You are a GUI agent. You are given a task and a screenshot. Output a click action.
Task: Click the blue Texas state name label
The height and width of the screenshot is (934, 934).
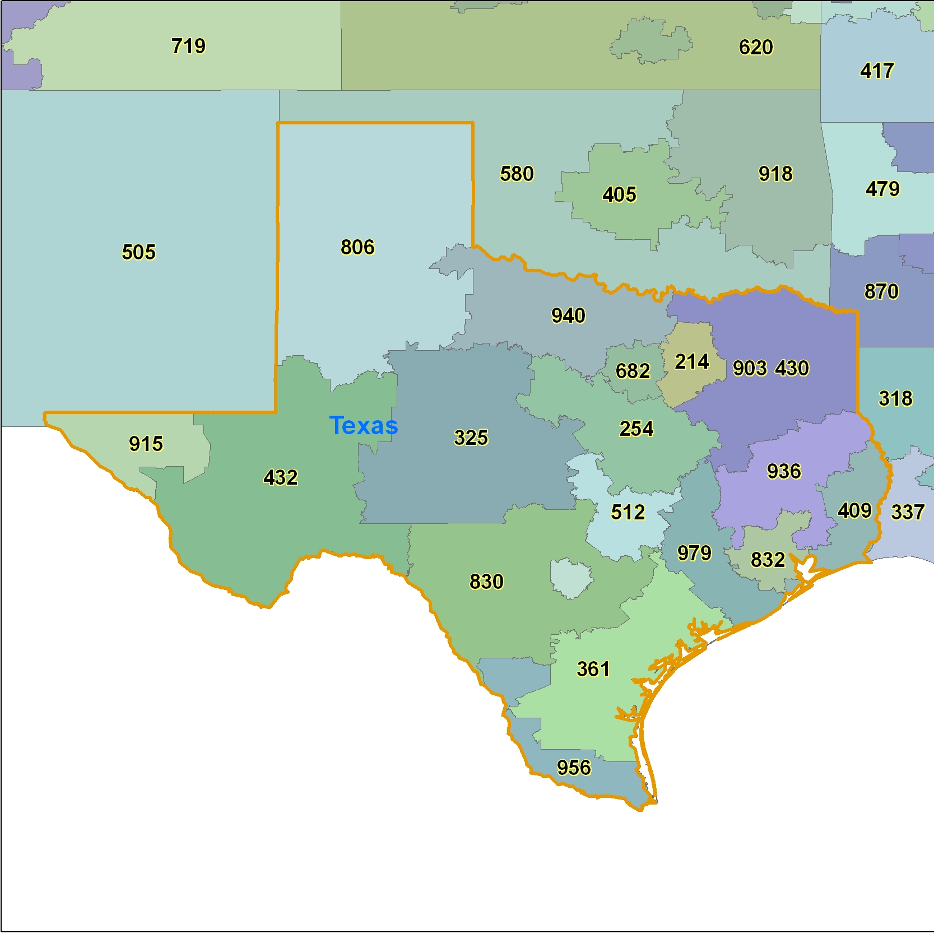363,426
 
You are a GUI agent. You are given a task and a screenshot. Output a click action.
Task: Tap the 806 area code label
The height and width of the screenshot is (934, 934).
357,247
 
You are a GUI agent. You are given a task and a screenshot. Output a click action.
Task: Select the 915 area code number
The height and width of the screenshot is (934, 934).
146,444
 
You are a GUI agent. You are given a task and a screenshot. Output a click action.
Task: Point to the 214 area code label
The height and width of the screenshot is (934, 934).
691,362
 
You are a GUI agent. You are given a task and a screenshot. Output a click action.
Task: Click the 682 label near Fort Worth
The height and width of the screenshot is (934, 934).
633,371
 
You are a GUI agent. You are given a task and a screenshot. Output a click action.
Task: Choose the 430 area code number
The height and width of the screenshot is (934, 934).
792,368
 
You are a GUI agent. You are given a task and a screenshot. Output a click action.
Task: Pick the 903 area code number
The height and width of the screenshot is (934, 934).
750,368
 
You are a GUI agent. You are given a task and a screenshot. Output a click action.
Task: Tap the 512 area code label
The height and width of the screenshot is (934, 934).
628,512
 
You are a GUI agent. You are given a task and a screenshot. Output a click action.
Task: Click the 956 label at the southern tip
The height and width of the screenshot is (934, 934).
574,768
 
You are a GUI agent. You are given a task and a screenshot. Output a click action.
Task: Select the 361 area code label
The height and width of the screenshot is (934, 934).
593,669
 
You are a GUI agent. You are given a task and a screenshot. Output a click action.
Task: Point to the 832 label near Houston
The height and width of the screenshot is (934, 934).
768,560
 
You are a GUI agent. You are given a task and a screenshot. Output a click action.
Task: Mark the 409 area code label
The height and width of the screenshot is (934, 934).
854,510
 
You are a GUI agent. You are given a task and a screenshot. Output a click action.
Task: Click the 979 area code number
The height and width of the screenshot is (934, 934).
694,553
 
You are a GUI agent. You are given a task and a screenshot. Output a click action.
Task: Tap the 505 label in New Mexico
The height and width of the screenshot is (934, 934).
138,252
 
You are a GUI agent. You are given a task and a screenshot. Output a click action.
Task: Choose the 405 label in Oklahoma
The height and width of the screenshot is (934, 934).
619,194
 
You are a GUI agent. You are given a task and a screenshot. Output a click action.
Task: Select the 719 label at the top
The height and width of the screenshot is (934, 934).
188,46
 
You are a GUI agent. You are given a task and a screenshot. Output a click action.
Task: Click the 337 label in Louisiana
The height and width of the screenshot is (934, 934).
907,512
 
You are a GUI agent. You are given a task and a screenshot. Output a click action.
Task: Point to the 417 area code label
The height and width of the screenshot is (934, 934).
877,71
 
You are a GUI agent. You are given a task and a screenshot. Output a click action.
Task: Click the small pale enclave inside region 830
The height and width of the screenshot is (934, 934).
570,578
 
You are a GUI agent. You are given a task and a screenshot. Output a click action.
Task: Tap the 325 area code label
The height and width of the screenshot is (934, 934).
471,438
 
